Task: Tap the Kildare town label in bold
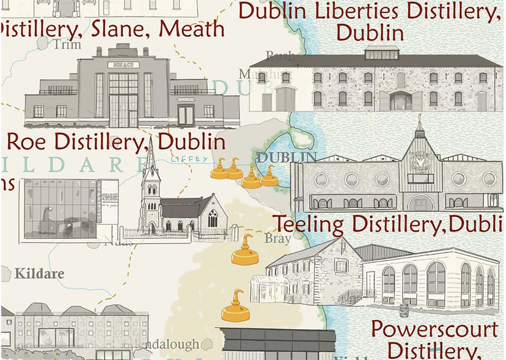(x=39, y=273)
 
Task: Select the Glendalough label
(x=162, y=344)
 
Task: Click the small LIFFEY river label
(x=186, y=158)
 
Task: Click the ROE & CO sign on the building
(x=123, y=65)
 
